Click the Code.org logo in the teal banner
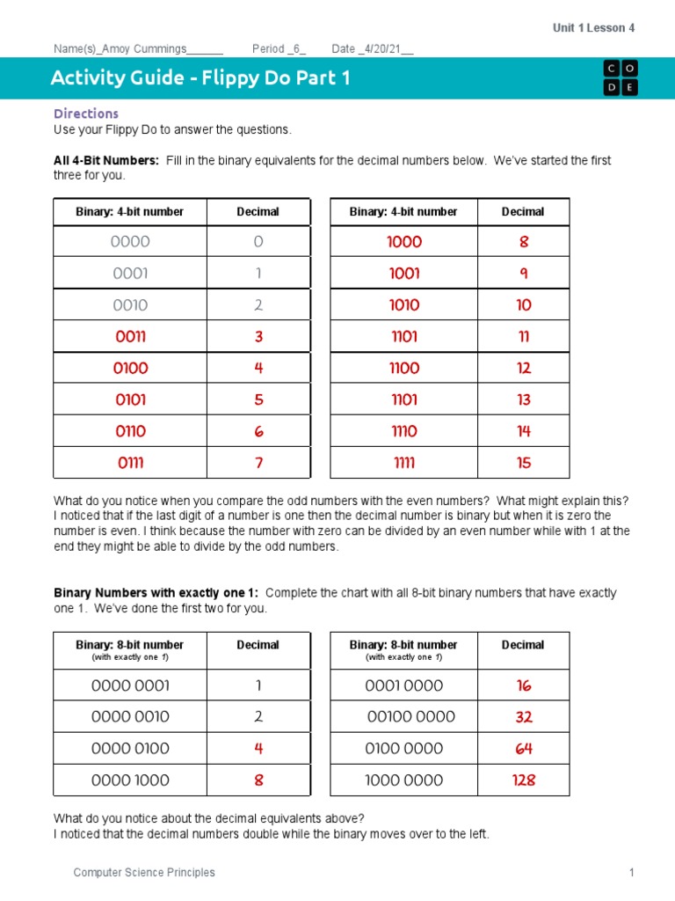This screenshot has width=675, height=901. [x=621, y=78]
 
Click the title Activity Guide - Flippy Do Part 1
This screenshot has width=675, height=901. [x=200, y=78]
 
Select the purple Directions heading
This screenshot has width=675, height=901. [x=86, y=114]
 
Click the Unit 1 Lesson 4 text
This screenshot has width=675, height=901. [x=593, y=28]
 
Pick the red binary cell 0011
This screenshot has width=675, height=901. [x=130, y=337]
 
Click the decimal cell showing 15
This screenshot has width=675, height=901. [x=524, y=463]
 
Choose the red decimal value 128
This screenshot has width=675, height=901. [x=524, y=780]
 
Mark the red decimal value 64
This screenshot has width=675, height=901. [x=524, y=749]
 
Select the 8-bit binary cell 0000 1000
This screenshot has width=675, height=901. [x=130, y=780]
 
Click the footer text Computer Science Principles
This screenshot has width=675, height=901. [x=144, y=873]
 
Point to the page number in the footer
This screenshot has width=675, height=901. [x=631, y=873]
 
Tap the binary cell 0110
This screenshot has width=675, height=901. [x=130, y=431]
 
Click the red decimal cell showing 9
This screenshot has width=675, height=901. [x=524, y=274]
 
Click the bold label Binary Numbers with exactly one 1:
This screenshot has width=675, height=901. [x=156, y=593]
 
